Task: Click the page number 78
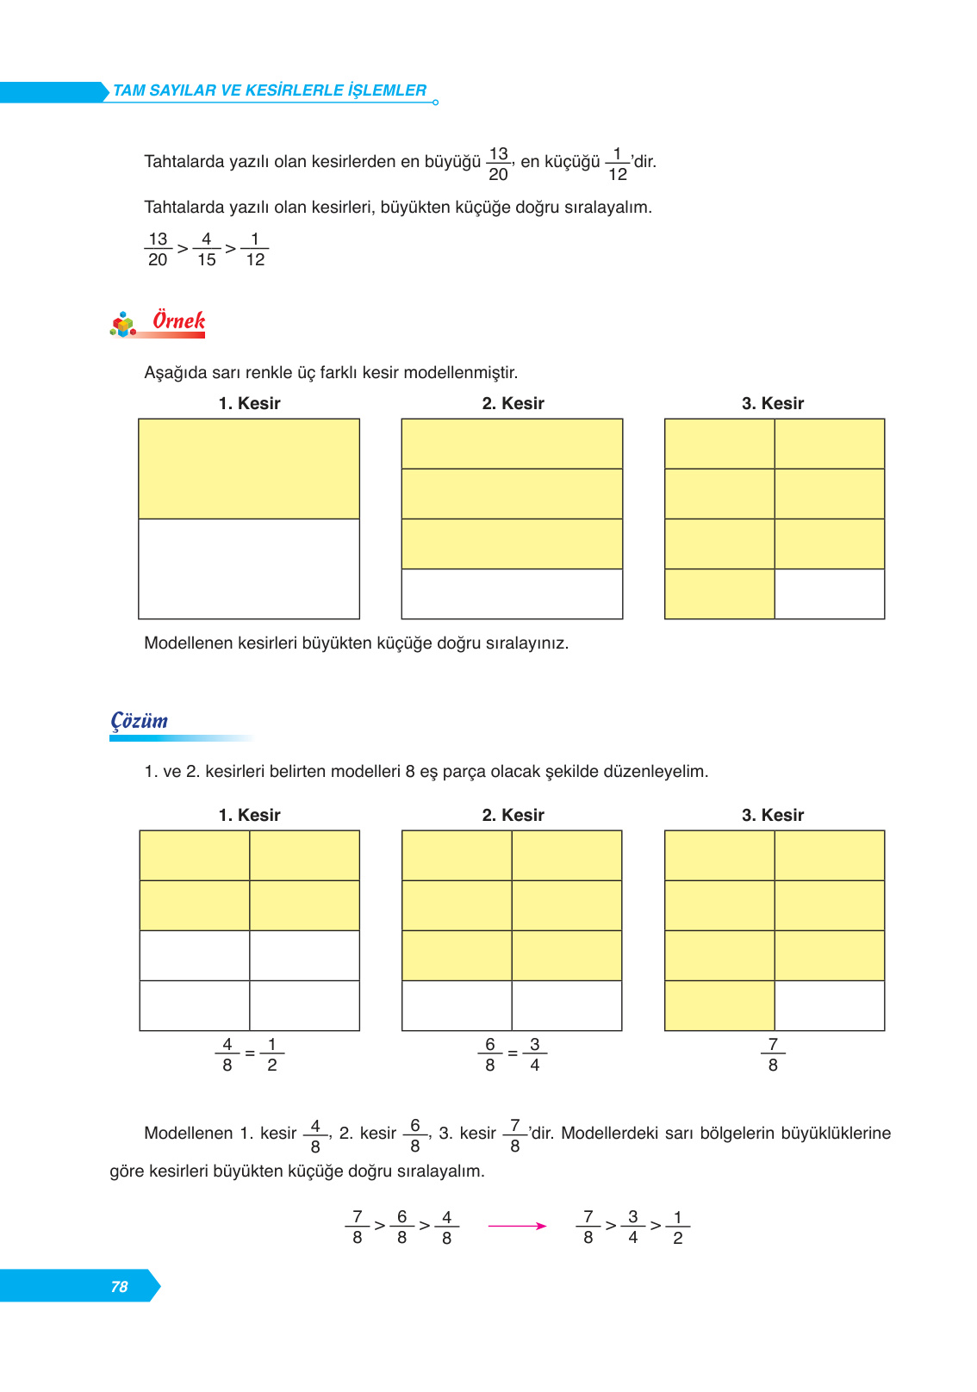point(119,1286)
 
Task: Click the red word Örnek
point(178,320)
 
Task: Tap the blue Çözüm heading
point(140,721)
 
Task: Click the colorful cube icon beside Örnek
point(123,325)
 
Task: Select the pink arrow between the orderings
point(517,1226)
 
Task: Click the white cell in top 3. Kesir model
point(829,593)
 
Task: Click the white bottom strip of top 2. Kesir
point(512,593)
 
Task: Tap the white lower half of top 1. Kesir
point(249,569)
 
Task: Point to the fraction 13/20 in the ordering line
point(158,249)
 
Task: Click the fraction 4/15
point(207,249)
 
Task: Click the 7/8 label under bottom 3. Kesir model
point(773,1054)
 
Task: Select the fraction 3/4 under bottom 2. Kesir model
point(534,1054)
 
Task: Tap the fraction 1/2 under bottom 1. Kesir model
point(271,1054)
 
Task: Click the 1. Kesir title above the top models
point(249,403)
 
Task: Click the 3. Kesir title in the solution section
point(772,815)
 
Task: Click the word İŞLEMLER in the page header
point(387,90)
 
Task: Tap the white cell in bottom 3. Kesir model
point(829,1005)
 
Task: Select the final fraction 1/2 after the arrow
point(677,1227)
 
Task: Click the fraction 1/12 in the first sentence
point(617,164)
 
